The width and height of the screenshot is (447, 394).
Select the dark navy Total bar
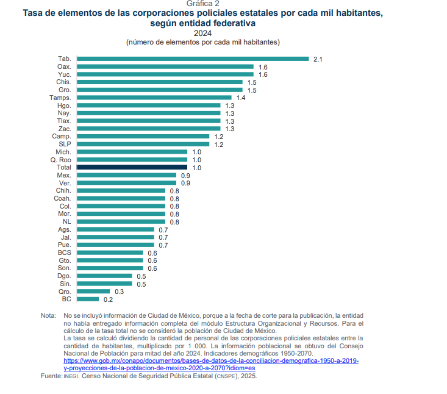[x=132, y=167]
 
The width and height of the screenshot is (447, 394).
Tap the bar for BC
[x=88, y=299]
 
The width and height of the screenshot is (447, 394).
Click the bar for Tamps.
[x=154, y=98]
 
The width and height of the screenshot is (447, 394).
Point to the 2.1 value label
[x=318, y=59]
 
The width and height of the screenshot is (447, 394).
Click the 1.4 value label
[x=241, y=98]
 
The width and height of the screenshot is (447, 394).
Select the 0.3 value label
[x=119, y=292]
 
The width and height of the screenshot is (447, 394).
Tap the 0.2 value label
[x=108, y=299]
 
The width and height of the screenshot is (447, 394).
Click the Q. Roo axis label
[x=61, y=159]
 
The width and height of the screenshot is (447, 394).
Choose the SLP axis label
[x=65, y=144]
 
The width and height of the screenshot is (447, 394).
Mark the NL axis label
[x=66, y=221]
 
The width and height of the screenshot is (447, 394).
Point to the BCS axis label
[x=65, y=253]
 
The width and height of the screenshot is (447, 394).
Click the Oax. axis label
[x=64, y=66]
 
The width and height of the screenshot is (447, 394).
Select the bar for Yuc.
[x=165, y=74]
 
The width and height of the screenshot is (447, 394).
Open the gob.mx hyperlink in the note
[x=211, y=361]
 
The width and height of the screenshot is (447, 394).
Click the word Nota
[x=48, y=315]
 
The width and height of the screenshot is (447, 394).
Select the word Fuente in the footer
[x=51, y=376]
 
